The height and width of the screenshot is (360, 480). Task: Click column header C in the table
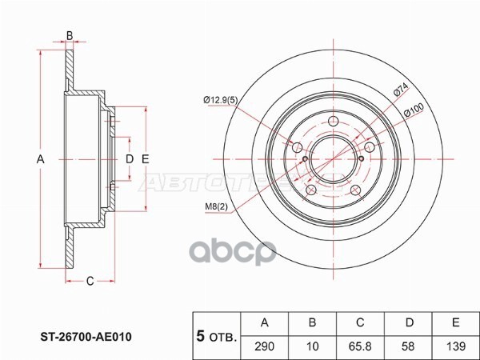[x=360, y=322]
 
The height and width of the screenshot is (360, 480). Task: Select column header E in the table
[x=454, y=322]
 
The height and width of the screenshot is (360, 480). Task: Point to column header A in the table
[x=265, y=322]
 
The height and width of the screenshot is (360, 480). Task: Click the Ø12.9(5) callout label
[x=221, y=99]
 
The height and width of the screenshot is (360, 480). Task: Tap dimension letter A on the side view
[x=39, y=160]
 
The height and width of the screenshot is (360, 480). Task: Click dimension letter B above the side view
[x=70, y=34]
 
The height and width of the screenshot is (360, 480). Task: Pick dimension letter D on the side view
[x=128, y=160]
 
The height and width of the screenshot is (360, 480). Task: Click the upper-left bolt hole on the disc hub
[x=296, y=147]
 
